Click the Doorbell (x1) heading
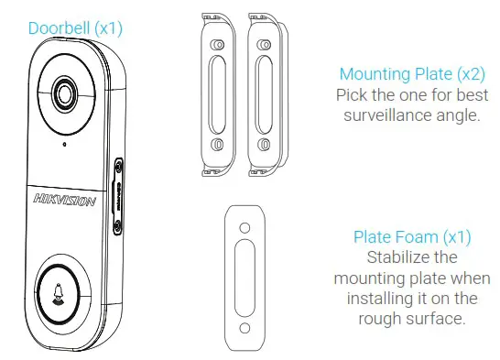click(75, 28)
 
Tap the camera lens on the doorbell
click(65, 93)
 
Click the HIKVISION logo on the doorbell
click(63, 200)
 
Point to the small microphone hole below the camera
click(64, 144)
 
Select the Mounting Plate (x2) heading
click(408, 74)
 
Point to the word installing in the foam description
click(378, 300)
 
